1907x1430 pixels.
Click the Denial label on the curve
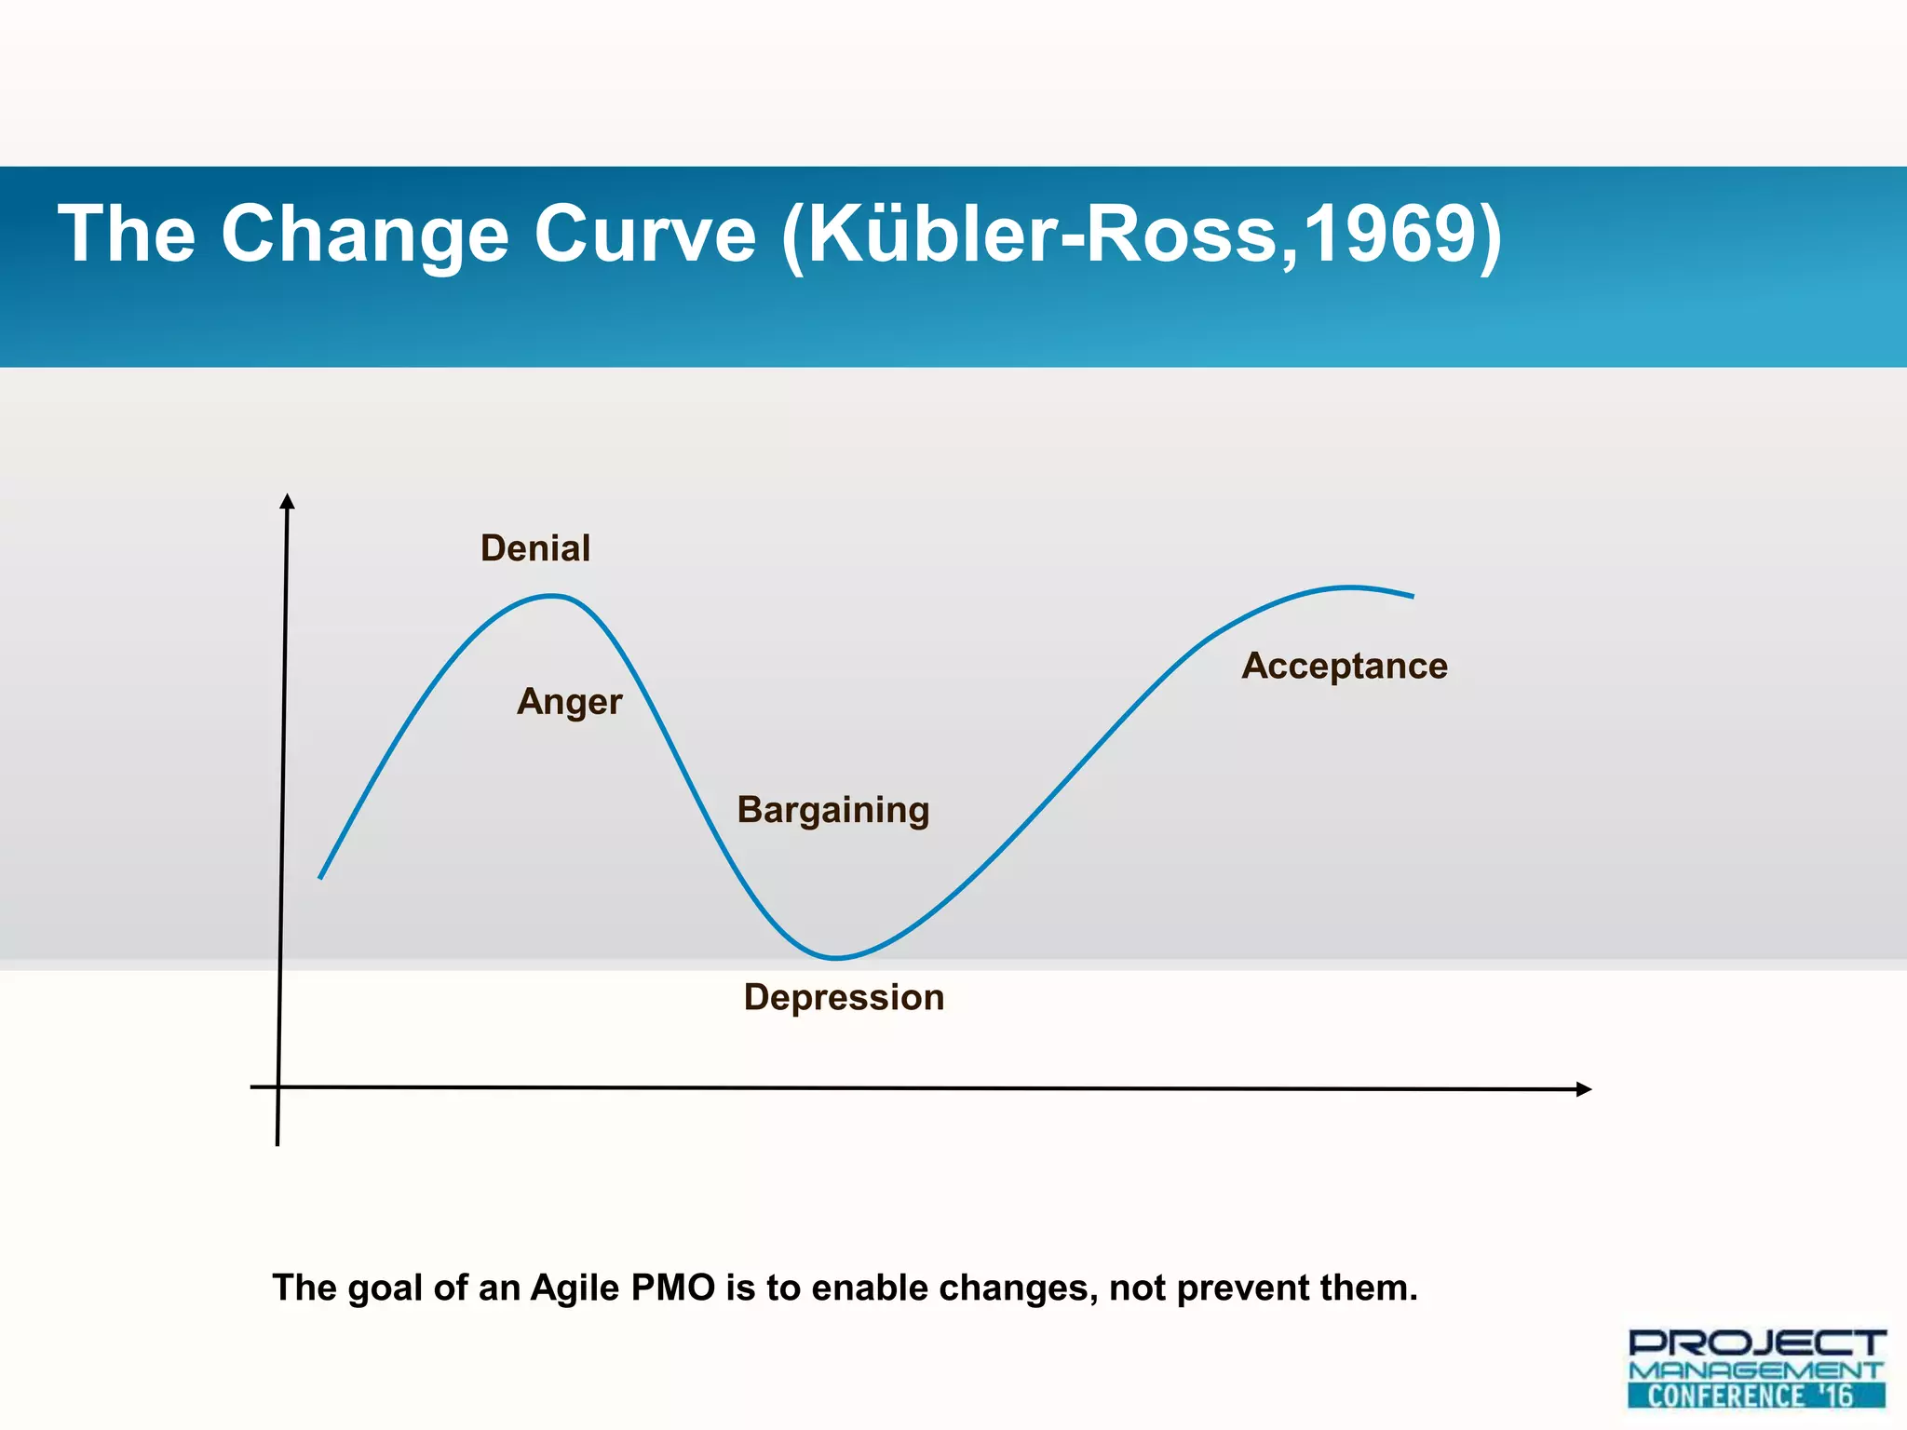click(x=535, y=548)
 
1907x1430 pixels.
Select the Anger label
click(x=569, y=702)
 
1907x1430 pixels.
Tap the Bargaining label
click(x=833, y=810)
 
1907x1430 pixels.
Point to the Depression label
click(x=844, y=997)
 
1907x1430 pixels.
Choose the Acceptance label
click(x=1345, y=667)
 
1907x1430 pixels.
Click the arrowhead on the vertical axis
click(x=288, y=502)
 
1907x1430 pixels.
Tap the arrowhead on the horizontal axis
click(x=1583, y=1089)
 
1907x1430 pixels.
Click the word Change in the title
click(x=364, y=234)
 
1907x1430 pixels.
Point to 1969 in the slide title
click(x=1387, y=234)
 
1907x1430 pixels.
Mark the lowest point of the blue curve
click(x=835, y=957)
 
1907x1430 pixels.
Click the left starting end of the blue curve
click(x=320, y=877)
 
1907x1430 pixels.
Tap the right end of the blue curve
click(x=1413, y=596)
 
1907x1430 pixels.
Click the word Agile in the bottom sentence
click(x=575, y=1288)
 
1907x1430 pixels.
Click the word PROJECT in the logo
click(x=1756, y=1342)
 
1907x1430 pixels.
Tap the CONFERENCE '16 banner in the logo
click(x=1756, y=1396)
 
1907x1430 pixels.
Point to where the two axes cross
click(x=278, y=1086)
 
